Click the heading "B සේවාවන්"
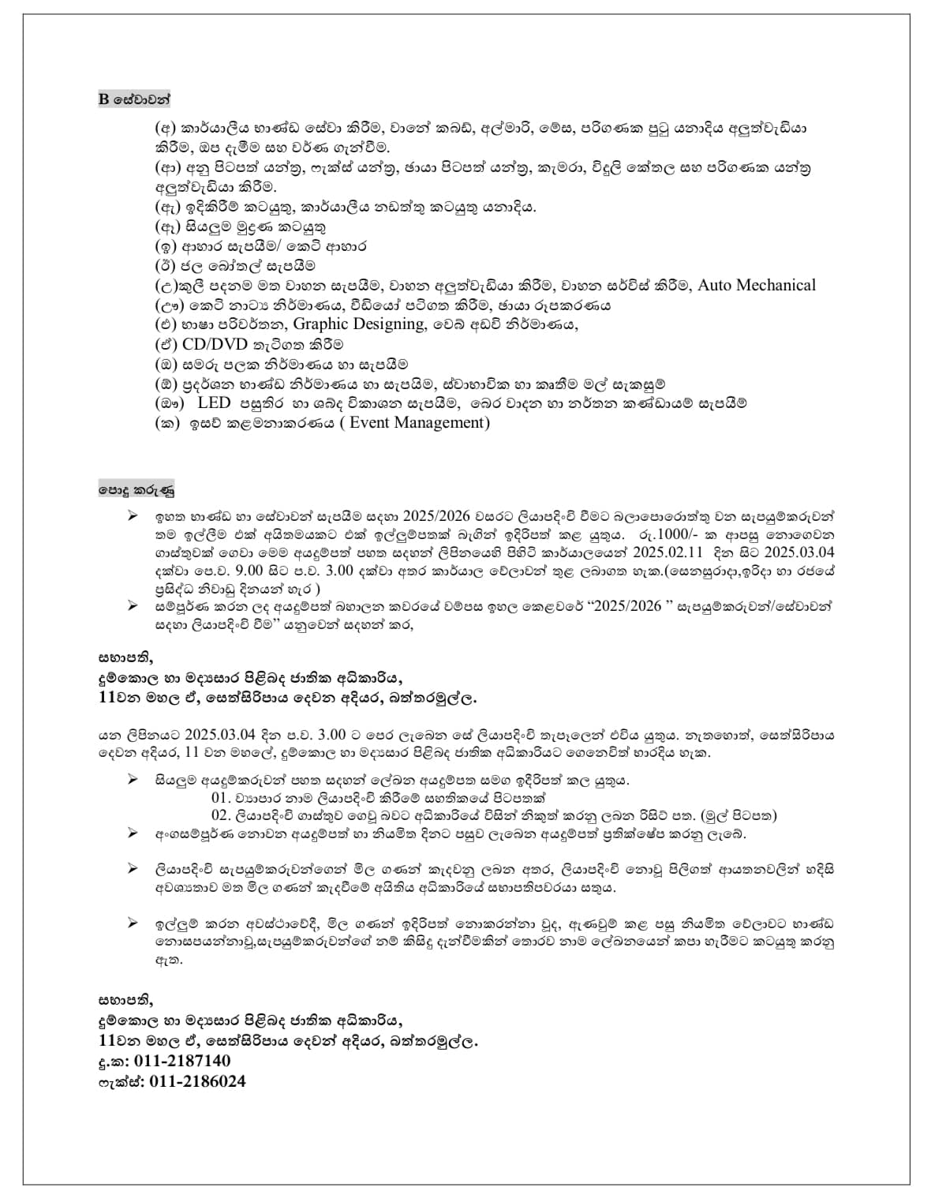[x=134, y=99]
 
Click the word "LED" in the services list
[x=214, y=403]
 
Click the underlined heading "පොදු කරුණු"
[x=136, y=489]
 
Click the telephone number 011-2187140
[x=182, y=1061]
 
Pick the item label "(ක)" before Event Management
[x=167, y=423]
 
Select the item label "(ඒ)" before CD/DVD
[x=167, y=345]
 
